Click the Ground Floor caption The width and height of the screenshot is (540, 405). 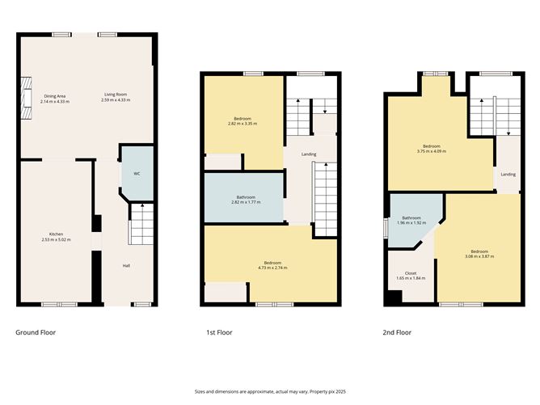36,332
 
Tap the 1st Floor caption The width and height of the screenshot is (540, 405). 219,332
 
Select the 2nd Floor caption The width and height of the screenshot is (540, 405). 397,332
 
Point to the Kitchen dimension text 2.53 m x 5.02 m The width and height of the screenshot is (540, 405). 57,240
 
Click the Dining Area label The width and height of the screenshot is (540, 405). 55,96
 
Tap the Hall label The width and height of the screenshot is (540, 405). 126,265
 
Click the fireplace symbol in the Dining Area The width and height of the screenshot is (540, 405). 25,96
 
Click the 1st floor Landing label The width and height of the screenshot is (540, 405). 309,154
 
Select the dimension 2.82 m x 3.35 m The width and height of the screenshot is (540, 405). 243,124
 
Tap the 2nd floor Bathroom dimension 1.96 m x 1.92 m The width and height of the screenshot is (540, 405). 412,222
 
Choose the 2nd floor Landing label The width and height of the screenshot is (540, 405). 508,174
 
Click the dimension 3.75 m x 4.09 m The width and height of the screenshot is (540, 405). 431,151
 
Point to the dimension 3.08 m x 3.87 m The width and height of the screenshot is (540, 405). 479,256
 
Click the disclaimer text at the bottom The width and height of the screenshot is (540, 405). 269,391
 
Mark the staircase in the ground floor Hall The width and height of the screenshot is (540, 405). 141,224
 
